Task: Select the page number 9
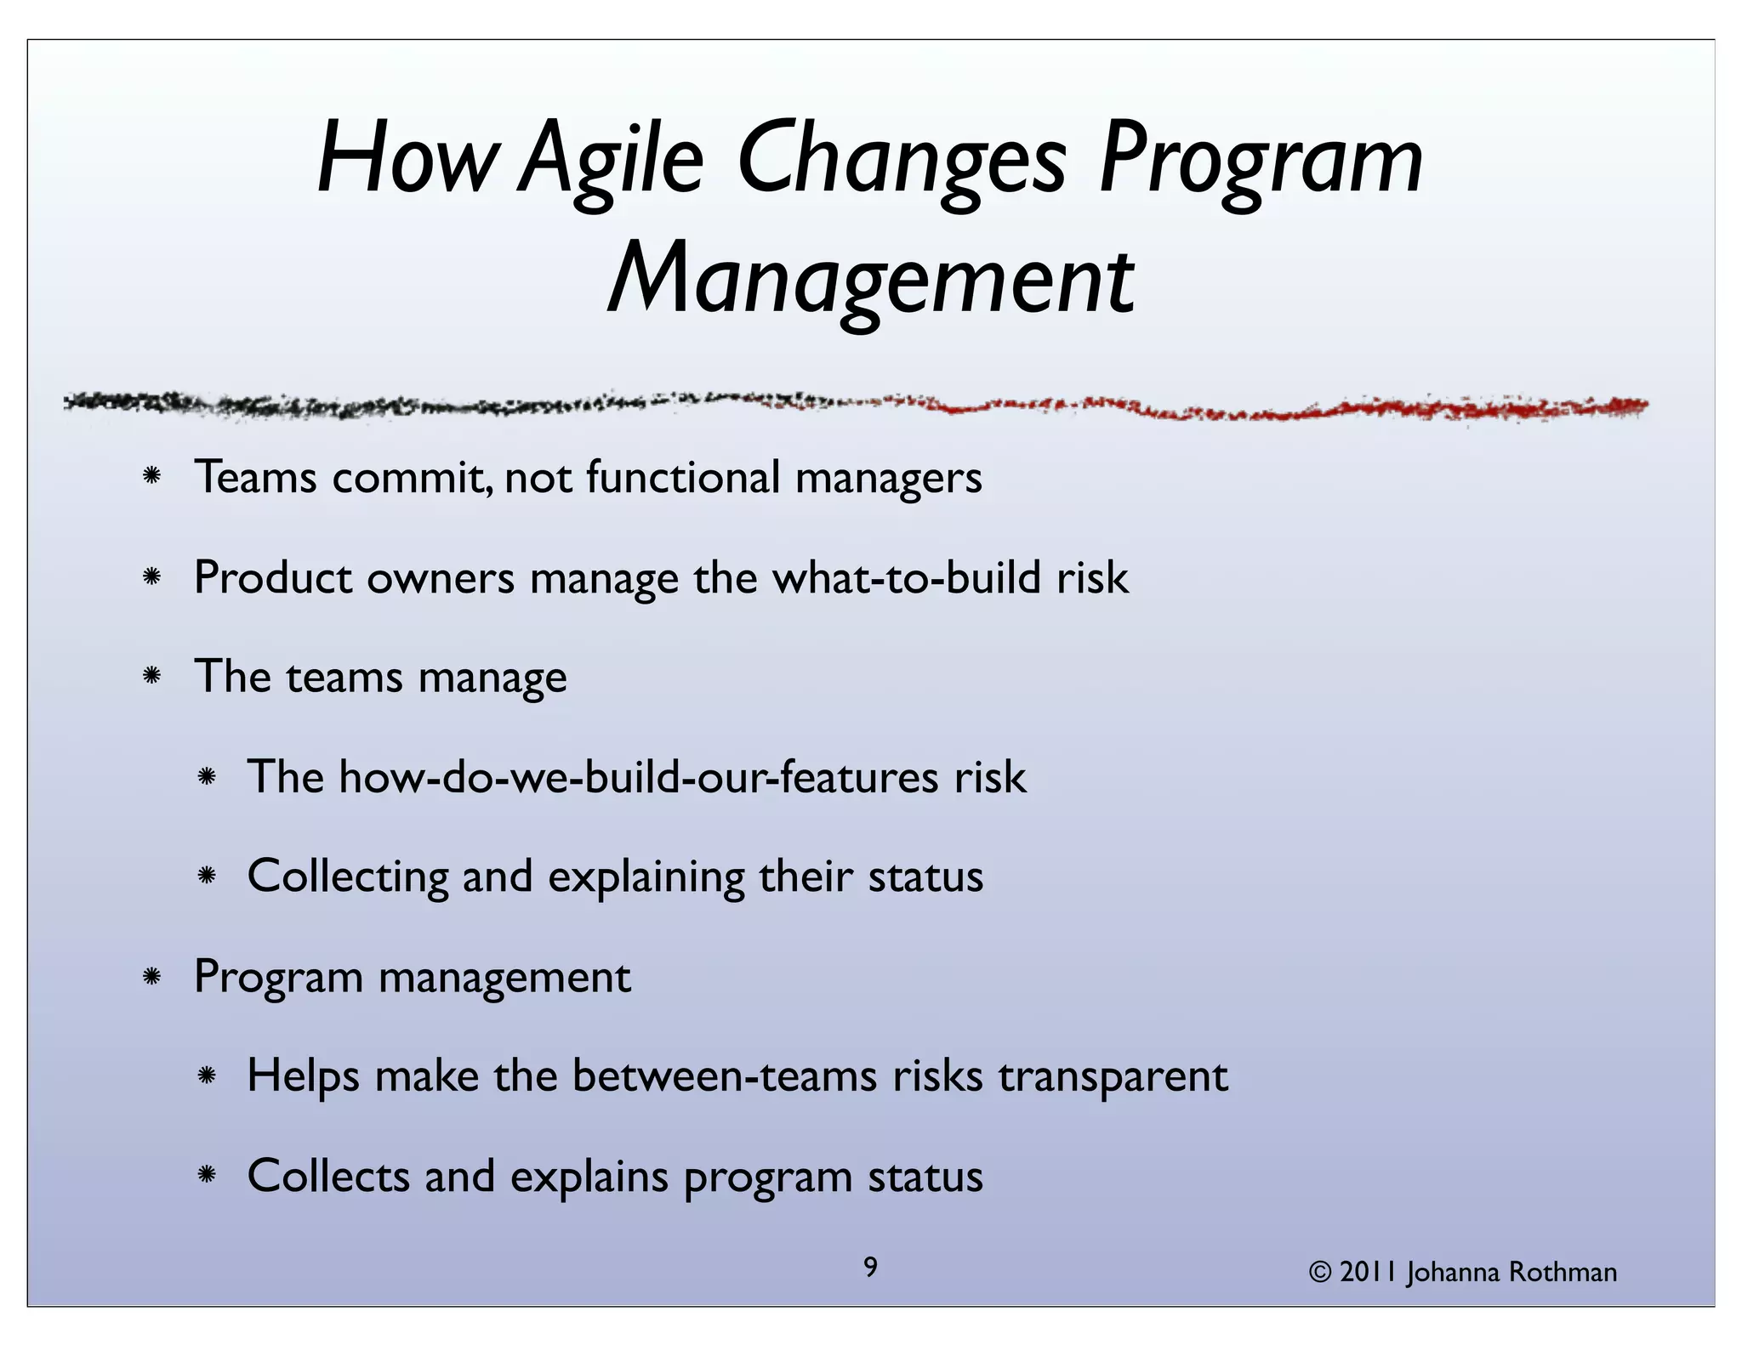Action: coord(870,1268)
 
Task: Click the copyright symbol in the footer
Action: coord(1320,1273)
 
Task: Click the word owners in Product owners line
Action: coord(441,578)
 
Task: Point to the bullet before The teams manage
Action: coord(152,677)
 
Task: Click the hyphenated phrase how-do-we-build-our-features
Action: coord(638,777)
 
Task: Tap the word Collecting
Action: coord(348,877)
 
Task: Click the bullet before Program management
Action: coord(152,977)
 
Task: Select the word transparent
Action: coord(1113,1077)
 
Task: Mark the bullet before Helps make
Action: coord(206,1077)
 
